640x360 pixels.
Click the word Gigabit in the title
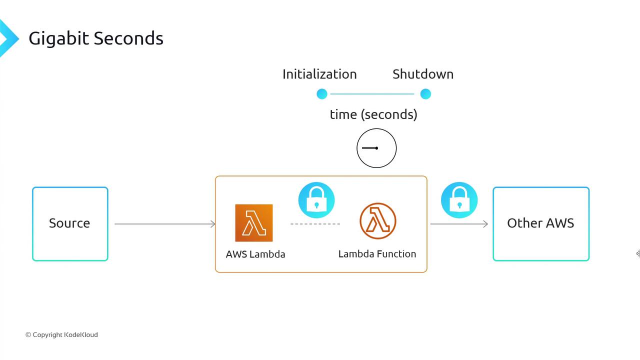pyautogui.click(x=59, y=38)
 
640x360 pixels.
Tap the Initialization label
pyautogui.click(x=319, y=74)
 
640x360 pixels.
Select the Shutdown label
pyautogui.click(x=423, y=74)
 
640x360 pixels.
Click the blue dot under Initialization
pyautogui.click(x=322, y=94)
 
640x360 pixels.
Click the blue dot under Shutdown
pyautogui.click(x=425, y=94)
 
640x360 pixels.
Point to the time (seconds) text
pyautogui.click(x=373, y=114)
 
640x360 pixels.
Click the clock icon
pyautogui.click(x=376, y=148)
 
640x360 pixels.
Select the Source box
pyautogui.click(x=70, y=223)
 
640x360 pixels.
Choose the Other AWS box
pyautogui.click(x=541, y=223)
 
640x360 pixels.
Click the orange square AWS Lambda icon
pyautogui.click(x=254, y=223)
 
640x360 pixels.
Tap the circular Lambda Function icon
pyautogui.click(x=378, y=221)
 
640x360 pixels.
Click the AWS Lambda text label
pyautogui.click(x=255, y=254)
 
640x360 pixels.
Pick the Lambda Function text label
pyautogui.click(x=377, y=254)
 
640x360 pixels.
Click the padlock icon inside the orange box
pyautogui.click(x=316, y=200)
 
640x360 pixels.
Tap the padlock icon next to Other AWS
pyautogui.click(x=459, y=200)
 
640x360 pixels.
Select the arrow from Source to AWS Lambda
pyautogui.click(x=165, y=224)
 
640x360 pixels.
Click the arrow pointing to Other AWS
pyautogui.click(x=459, y=224)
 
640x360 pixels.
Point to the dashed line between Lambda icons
pyautogui.click(x=315, y=224)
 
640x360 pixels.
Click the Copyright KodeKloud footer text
pyautogui.click(x=61, y=335)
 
